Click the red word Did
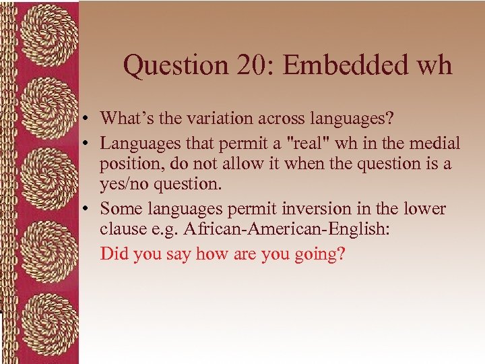(112, 255)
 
